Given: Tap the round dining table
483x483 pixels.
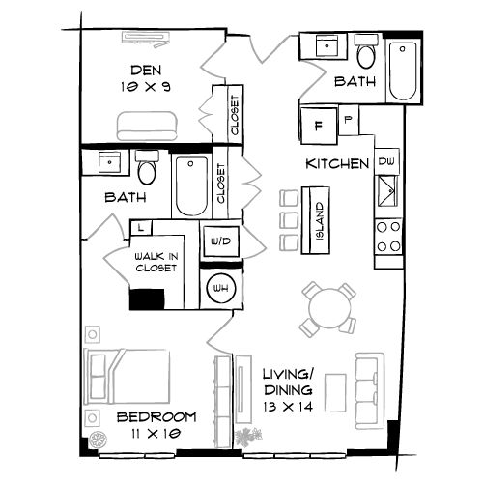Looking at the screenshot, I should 327,309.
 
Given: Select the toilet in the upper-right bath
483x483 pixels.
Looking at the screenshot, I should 365,49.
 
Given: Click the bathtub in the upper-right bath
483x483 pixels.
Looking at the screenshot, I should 404,70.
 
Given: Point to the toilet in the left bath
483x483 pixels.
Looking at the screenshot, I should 147,168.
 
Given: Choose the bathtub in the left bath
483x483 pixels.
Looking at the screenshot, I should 189,185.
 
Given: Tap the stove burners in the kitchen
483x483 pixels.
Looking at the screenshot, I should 388,237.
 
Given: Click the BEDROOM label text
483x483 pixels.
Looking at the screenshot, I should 155,418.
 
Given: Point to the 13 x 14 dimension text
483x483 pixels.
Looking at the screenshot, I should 286,409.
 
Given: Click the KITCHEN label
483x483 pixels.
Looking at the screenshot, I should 337,164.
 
